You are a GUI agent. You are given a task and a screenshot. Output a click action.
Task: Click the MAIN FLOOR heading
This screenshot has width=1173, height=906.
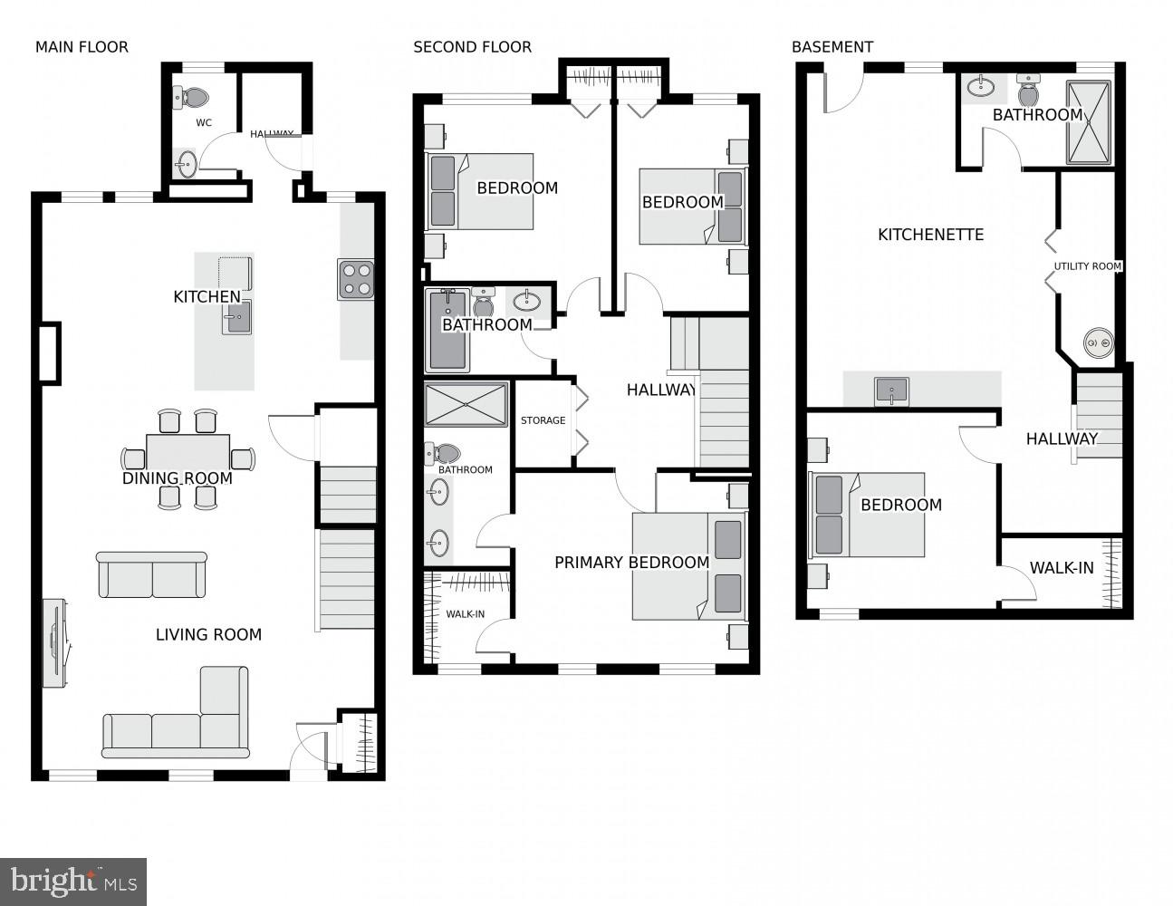(x=82, y=47)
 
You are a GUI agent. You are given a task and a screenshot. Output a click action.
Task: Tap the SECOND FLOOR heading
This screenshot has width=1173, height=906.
(x=472, y=47)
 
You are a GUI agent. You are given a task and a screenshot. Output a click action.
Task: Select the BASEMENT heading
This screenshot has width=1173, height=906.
(x=832, y=47)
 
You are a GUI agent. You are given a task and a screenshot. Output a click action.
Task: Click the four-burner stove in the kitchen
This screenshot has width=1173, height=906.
(x=356, y=279)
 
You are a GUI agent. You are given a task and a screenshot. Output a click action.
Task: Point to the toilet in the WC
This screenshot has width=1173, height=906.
(x=192, y=97)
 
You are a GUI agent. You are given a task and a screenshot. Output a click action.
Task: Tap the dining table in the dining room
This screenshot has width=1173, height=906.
(x=187, y=456)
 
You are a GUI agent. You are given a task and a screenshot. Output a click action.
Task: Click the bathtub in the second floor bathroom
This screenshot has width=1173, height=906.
(x=447, y=331)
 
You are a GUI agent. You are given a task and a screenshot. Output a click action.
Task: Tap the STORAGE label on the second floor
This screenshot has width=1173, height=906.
(x=543, y=420)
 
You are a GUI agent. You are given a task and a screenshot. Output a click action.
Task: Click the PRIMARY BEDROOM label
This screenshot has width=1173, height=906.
(x=631, y=563)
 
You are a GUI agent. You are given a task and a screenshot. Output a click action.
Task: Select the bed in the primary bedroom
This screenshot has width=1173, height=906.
(x=688, y=566)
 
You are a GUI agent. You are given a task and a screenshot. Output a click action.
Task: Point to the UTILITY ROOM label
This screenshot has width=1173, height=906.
(x=1087, y=266)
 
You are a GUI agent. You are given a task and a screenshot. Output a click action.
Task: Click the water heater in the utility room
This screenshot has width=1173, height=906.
(x=1098, y=344)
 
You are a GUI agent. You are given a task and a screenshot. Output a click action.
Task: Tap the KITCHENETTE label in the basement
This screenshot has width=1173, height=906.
(x=930, y=235)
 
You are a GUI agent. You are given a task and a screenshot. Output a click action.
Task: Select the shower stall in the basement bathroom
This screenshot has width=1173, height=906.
(x=1088, y=123)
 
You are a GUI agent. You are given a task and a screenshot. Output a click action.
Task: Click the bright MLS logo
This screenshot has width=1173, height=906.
(x=73, y=882)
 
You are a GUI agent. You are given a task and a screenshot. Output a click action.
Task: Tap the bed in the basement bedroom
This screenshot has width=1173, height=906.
(x=867, y=515)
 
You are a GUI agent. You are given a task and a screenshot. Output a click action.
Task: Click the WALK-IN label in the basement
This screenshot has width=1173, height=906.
(x=1061, y=569)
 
